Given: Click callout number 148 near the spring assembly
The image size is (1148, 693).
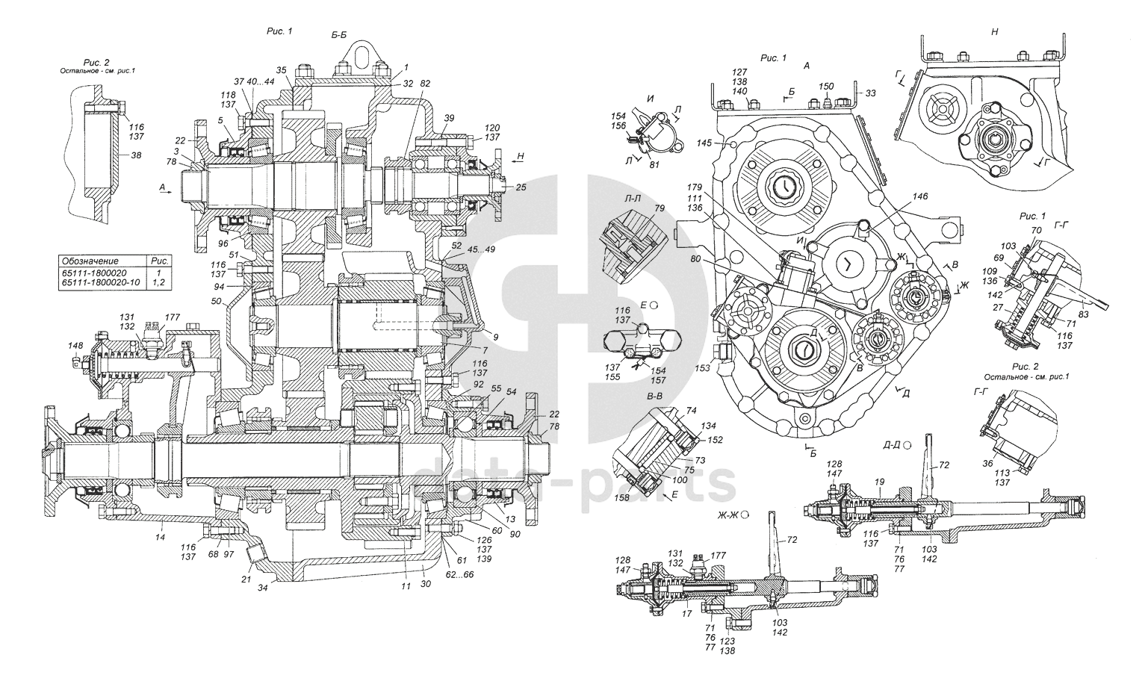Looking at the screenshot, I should (x=75, y=346).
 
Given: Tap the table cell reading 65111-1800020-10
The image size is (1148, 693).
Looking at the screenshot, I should (x=101, y=285).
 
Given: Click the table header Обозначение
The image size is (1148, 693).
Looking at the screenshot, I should (x=90, y=261).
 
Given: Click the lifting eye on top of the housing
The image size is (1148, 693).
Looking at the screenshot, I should (x=360, y=59).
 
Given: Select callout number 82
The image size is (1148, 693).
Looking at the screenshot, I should (x=424, y=84).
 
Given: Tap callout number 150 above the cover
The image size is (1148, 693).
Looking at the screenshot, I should (x=825, y=87).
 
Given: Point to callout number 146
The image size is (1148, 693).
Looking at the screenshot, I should (x=921, y=196).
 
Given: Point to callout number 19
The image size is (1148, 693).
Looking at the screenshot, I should (x=880, y=483).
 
